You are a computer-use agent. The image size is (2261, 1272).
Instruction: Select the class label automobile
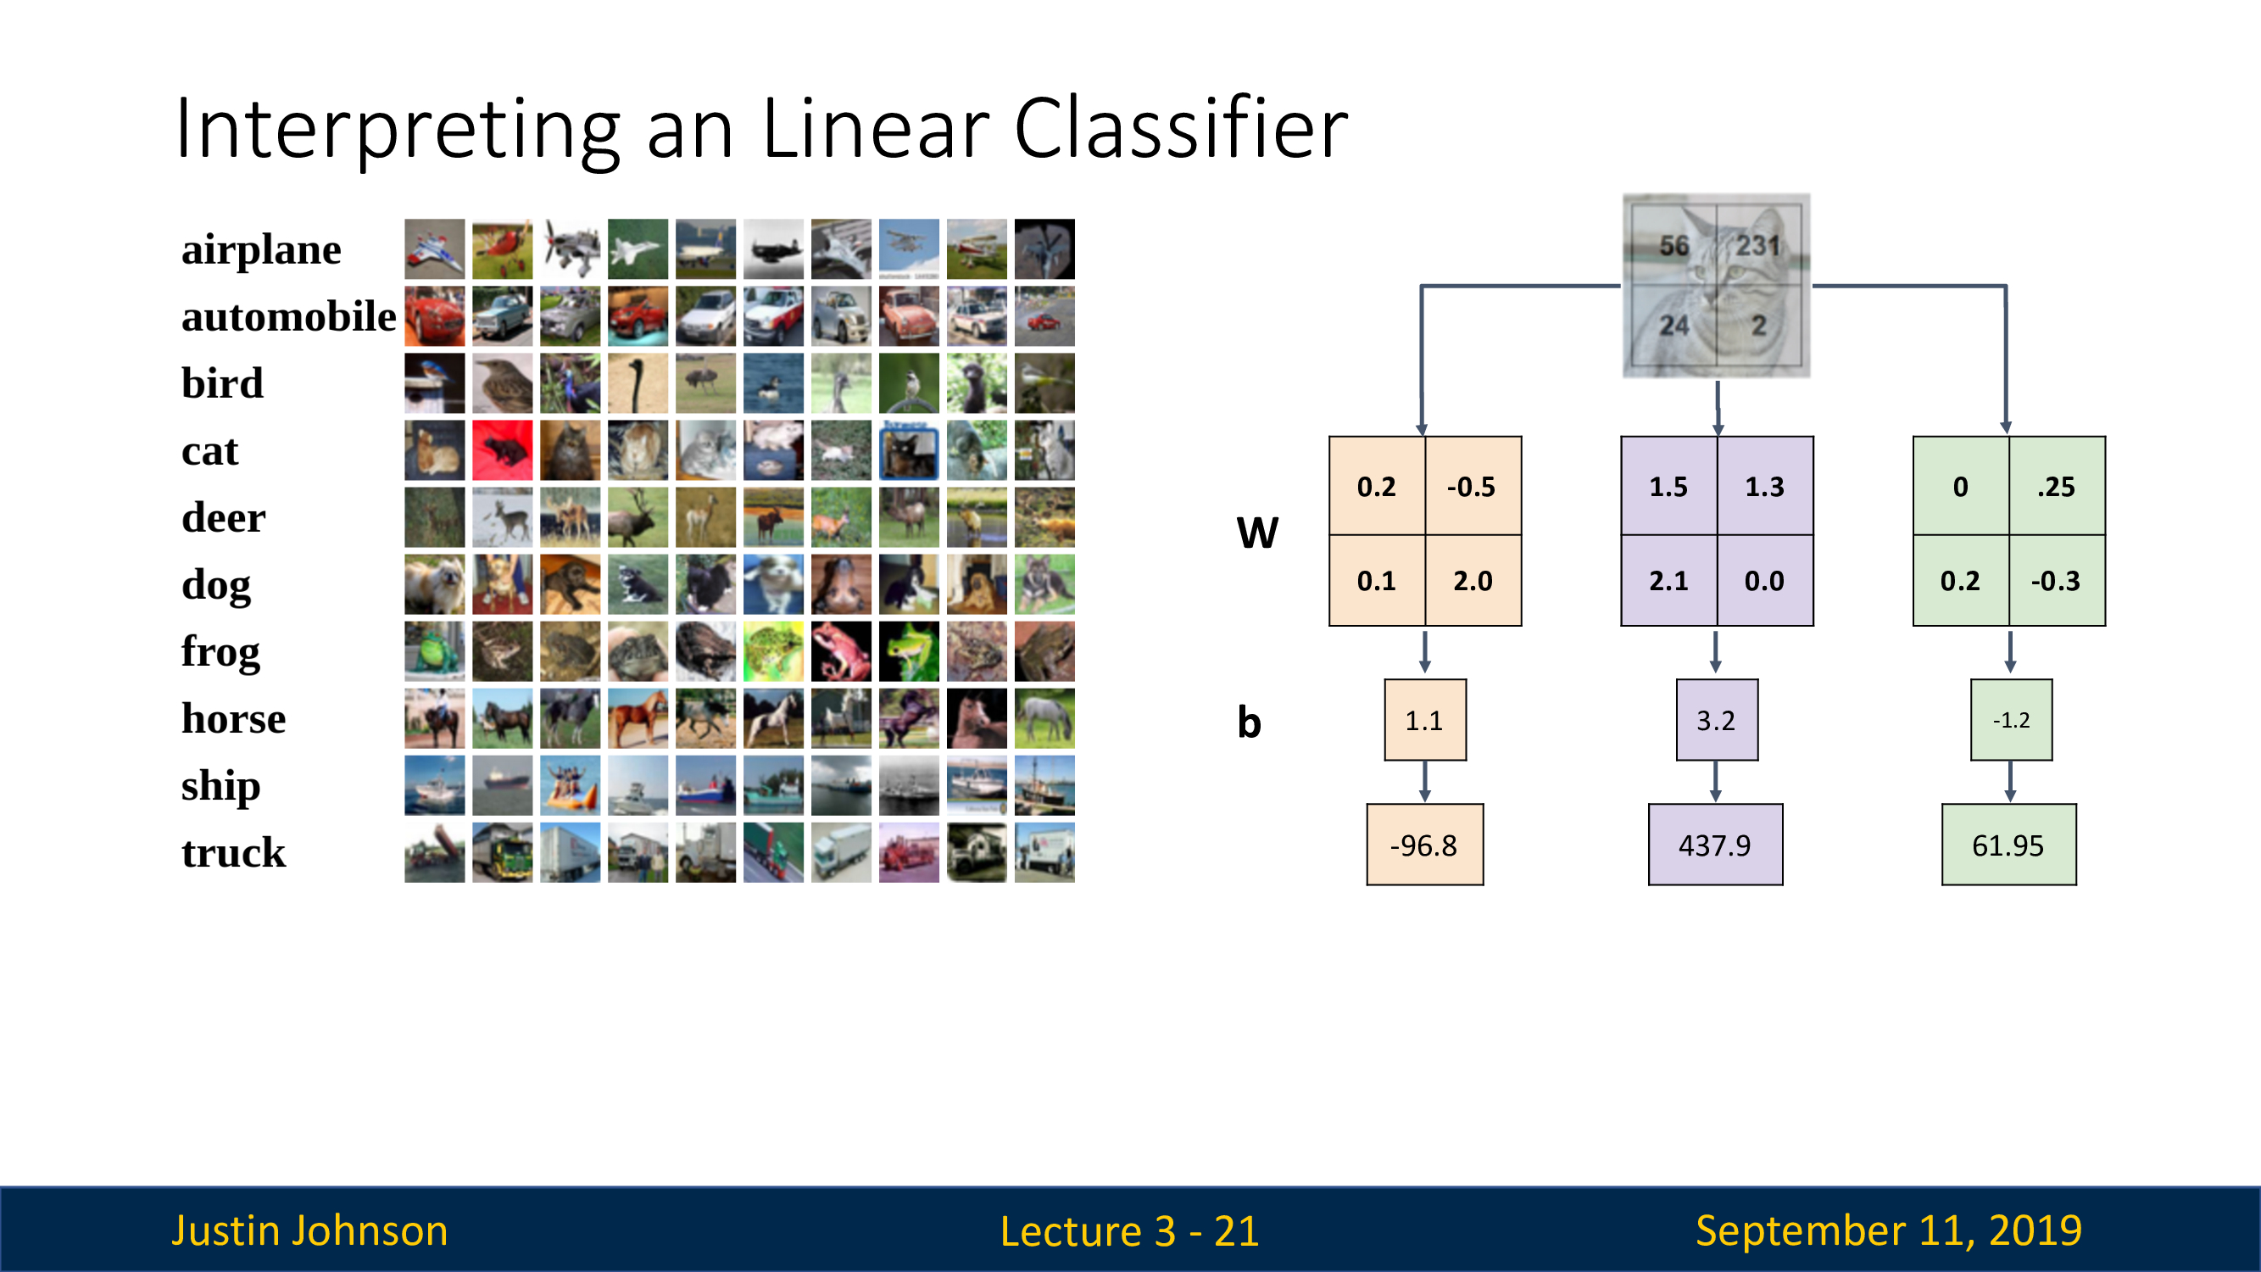(x=288, y=316)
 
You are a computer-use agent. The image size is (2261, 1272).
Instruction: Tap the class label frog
(x=220, y=651)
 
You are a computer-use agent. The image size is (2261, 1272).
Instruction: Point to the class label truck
(x=233, y=852)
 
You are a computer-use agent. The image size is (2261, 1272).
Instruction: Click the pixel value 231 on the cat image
(x=1757, y=246)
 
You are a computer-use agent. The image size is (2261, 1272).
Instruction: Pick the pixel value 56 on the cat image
(x=1673, y=246)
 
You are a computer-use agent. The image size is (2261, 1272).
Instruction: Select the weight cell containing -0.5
(x=1472, y=486)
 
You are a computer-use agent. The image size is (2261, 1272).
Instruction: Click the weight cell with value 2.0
(x=1472, y=580)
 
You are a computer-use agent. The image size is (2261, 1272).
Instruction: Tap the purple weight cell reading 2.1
(x=1668, y=580)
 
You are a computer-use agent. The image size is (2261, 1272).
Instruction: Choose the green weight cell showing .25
(x=2056, y=486)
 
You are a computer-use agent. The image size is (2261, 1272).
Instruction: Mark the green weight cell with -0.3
(x=2056, y=580)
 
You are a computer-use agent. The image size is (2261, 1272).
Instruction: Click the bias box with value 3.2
(x=1716, y=720)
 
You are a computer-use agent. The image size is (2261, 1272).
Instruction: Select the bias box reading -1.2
(x=2011, y=720)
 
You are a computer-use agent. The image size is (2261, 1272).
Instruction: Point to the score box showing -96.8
(x=1423, y=845)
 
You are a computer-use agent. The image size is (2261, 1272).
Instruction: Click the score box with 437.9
(x=1714, y=845)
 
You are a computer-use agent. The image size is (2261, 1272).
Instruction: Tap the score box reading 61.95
(x=2008, y=845)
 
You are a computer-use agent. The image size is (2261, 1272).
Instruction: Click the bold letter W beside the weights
(x=1257, y=532)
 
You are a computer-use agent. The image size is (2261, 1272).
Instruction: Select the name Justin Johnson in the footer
(x=309, y=1230)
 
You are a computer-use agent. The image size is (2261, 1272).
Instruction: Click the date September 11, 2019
(x=1888, y=1230)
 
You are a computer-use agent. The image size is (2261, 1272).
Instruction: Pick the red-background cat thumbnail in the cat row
(x=502, y=450)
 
